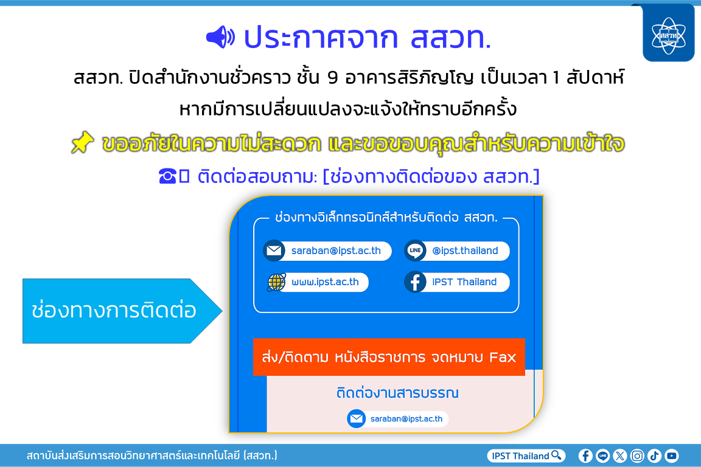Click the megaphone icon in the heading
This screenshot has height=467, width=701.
click(220, 37)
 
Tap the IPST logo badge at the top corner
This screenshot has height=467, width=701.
click(668, 33)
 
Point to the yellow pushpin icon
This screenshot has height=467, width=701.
click(83, 142)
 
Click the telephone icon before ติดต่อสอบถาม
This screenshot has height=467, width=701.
click(168, 176)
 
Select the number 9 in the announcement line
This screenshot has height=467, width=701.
click(332, 78)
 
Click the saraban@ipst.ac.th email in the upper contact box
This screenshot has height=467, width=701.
click(336, 251)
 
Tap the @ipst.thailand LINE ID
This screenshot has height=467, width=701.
click(465, 251)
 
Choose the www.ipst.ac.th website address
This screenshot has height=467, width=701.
click(325, 282)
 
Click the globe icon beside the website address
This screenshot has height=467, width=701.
click(276, 282)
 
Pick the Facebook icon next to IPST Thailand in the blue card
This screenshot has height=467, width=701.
click(415, 282)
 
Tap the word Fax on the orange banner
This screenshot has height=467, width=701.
click(503, 357)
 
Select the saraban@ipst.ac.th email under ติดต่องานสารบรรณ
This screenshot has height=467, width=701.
click(406, 419)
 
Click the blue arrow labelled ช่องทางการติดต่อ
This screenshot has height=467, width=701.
click(122, 311)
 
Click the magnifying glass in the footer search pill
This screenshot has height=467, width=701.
click(557, 455)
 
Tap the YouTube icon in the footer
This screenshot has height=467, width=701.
click(672, 455)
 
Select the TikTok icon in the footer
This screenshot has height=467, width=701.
click(655, 455)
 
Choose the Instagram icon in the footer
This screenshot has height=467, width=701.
click(637, 455)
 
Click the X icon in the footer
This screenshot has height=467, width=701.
click(620, 455)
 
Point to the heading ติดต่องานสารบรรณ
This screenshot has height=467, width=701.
click(397, 393)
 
